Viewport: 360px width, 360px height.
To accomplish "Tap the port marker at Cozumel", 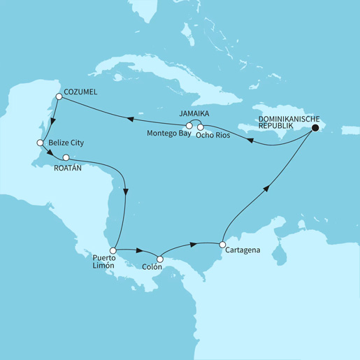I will tap(59, 97).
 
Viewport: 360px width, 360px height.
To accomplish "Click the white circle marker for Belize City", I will tap(40, 143).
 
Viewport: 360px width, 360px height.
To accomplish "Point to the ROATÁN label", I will tap(69, 168).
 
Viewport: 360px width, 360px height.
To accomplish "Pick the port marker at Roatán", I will tap(66, 157).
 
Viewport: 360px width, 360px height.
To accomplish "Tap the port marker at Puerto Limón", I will tap(112, 250).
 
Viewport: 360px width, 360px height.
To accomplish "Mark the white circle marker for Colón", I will tap(160, 260).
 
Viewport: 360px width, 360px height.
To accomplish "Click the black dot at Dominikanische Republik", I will tap(315, 128).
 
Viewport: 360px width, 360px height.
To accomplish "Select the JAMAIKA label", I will tap(194, 112).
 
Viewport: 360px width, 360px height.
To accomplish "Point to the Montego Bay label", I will tap(168, 134).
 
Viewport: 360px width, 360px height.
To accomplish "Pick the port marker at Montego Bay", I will tap(189, 126).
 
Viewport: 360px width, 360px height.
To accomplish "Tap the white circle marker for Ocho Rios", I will tap(201, 127).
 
